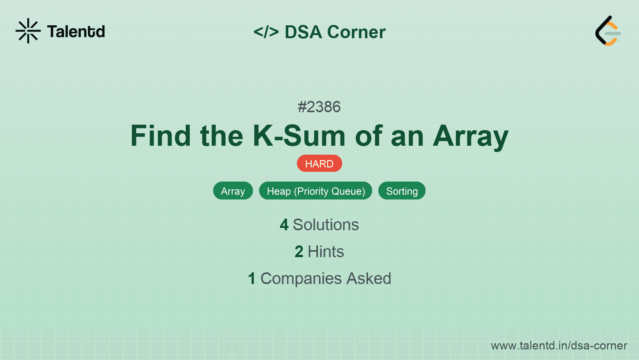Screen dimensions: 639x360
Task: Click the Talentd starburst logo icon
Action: click(x=28, y=31)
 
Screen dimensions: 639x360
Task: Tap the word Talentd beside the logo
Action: click(x=76, y=32)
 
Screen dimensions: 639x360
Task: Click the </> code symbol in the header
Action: click(x=266, y=32)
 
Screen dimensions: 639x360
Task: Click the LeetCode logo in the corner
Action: click(x=608, y=31)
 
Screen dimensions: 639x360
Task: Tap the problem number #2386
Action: click(x=319, y=107)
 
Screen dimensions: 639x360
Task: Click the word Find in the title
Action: click(x=161, y=136)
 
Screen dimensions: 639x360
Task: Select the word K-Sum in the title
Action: click(x=299, y=136)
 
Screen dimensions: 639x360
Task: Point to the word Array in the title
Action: click(x=470, y=137)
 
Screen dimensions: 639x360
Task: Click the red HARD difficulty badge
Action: click(x=319, y=164)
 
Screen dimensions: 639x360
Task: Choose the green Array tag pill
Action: click(x=233, y=191)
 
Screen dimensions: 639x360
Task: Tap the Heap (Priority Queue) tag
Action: click(x=316, y=191)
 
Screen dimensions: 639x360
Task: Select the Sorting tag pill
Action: click(x=402, y=191)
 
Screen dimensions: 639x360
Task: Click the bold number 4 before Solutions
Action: click(x=284, y=225)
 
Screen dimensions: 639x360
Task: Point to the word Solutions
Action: click(x=326, y=225)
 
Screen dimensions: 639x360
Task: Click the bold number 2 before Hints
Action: click(x=299, y=252)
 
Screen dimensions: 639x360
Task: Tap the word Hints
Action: click(x=326, y=252)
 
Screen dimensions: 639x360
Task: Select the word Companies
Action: click(x=301, y=279)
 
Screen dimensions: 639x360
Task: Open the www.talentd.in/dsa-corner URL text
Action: click(x=559, y=346)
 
